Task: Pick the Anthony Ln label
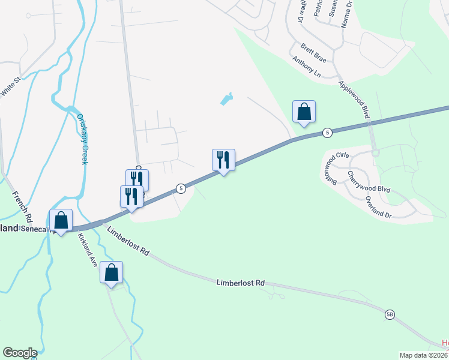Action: [306, 68]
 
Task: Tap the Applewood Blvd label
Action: [353, 99]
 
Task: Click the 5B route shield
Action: [390, 314]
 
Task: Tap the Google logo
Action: [20, 353]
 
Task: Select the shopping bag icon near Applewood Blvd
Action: [304, 112]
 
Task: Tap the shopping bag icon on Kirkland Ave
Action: [111, 272]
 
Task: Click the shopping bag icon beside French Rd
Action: [61, 220]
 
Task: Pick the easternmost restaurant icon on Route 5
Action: [223, 160]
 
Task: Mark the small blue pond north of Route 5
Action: [226, 99]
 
